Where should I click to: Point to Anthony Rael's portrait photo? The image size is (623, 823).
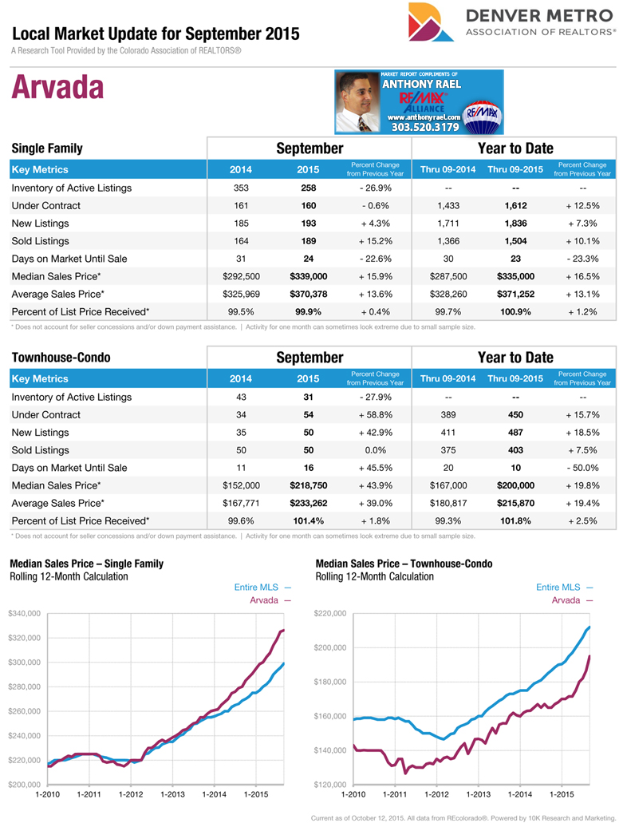point(360,101)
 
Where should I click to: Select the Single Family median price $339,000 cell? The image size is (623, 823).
point(308,276)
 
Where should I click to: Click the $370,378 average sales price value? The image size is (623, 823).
point(308,294)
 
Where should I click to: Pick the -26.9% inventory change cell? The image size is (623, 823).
point(374,188)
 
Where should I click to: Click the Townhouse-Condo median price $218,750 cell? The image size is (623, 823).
point(308,485)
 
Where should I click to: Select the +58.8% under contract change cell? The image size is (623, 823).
point(374,415)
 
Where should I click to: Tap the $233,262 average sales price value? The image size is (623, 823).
point(308,503)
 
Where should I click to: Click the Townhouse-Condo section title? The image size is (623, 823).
point(61,358)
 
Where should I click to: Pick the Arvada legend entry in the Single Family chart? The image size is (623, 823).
point(266,599)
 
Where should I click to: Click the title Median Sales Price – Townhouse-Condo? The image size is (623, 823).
point(404,564)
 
